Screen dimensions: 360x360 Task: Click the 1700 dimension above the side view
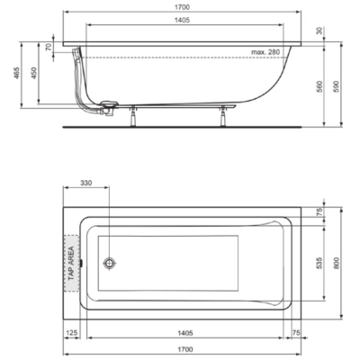183,6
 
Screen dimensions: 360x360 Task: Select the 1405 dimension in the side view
183,20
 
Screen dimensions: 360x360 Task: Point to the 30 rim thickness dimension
319,31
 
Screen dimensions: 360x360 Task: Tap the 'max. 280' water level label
265,52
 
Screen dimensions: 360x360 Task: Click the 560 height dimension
319,86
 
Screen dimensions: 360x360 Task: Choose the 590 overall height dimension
337,86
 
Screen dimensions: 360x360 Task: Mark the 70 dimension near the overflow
49,47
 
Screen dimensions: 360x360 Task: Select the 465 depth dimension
16,73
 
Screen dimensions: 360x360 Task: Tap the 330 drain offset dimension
86,183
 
